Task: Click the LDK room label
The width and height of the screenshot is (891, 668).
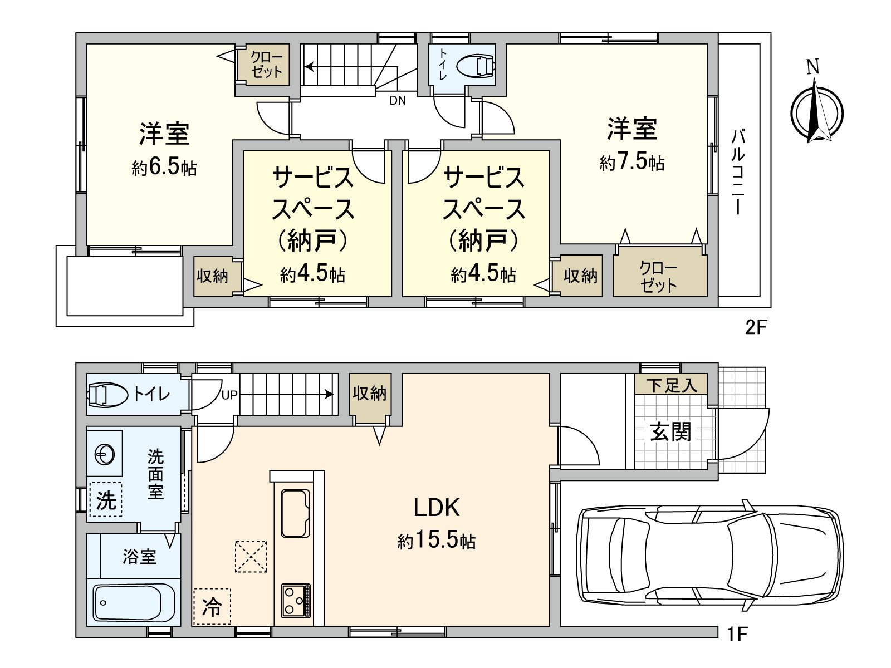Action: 436,508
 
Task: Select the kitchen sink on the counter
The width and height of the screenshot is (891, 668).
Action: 295,512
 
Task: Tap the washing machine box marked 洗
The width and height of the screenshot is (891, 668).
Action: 106,499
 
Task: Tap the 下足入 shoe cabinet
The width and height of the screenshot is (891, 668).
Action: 672,385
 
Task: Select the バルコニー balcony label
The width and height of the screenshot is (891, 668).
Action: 738,171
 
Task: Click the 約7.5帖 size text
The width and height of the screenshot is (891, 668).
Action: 632,163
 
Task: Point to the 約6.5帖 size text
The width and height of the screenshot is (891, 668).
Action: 164,168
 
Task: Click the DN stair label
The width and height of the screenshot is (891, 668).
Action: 398,101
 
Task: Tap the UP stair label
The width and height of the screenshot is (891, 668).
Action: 229,395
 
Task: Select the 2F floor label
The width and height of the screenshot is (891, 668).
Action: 756,327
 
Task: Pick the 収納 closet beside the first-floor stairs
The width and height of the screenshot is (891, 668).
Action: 370,394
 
